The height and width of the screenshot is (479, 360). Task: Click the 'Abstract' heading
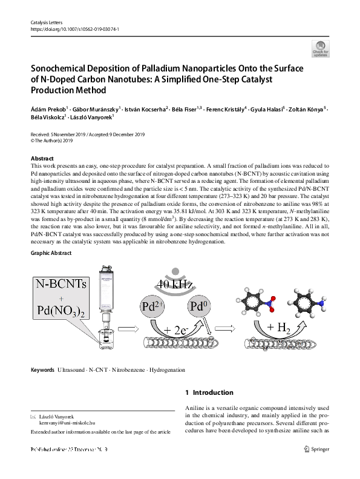[42, 158]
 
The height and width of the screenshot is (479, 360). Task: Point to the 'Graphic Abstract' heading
[51, 253]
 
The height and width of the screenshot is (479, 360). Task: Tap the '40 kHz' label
[175, 283]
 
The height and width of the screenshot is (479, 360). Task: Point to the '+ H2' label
[280, 328]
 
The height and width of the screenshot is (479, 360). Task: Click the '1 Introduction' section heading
[209, 392]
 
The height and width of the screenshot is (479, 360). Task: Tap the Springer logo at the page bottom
[317, 449]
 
